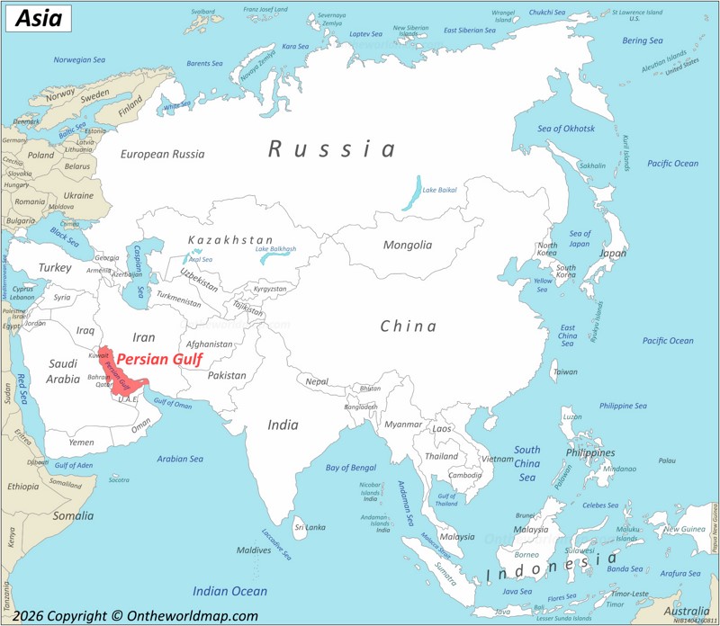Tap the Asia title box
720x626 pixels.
pyautogui.click(x=31, y=17)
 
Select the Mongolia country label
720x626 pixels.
pyautogui.click(x=407, y=245)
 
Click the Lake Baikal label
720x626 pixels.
pyautogui.click(x=440, y=190)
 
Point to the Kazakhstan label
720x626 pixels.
pyautogui.click(x=229, y=240)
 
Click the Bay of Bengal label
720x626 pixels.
pyautogui.click(x=350, y=468)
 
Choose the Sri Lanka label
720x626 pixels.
pyautogui.click(x=310, y=527)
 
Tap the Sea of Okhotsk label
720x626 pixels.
pyautogui.click(x=566, y=129)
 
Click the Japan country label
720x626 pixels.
pyautogui.click(x=612, y=254)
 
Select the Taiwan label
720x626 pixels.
pyautogui.click(x=565, y=371)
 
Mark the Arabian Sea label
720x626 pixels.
pyautogui.click(x=180, y=459)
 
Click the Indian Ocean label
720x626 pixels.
pyautogui.click(x=229, y=591)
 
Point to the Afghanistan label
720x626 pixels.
pyautogui.click(x=209, y=344)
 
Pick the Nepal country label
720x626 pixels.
pyautogui.click(x=317, y=381)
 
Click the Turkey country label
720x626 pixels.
pyautogui.click(x=54, y=267)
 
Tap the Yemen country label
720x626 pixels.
pyautogui.click(x=81, y=443)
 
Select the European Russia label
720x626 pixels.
pyautogui.click(x=162, y=154)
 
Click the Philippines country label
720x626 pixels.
pyautogui.click(x=589, y=452)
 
